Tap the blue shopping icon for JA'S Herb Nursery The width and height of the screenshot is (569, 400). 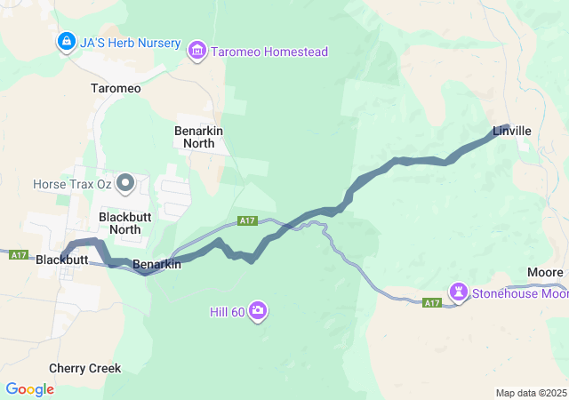pyautogui.click(x=66, y=42)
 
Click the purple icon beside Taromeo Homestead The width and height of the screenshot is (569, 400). pyautogui.click(x=196, y=52)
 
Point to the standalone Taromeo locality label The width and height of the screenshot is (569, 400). pyautogui.click(x=116, y=89)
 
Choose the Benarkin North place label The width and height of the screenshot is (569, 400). pyautogui.click(x=198, y=136)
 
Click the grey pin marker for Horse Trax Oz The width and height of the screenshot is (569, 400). pyautogui.click(x=125, y=183)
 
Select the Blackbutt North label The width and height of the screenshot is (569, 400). pyautogui.click(x=120, y=222)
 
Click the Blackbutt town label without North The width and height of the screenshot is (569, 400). pyautogui.click(x=62, y=260)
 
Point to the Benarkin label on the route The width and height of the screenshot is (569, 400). pyautogui.click(x=156, y=265)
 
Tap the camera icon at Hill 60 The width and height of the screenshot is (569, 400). pyautogui.click(x=258, y=310)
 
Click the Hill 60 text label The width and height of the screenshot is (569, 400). pyautogui.click(x=226, y=311)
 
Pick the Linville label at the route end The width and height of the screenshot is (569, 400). pyautogui.click(x=512, y=132)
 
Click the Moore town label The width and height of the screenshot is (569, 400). pyautogui.click(x=545, y=271)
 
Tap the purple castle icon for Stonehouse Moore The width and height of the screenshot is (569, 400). pyautogui.click(x=459, y=292)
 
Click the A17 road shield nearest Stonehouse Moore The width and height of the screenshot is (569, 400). pyautogui.click(x=432, y=303)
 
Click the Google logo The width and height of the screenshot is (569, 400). pyautogui.click(x=29, y=389)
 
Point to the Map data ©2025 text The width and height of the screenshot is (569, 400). pyautogui.click(x=530, y=393)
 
